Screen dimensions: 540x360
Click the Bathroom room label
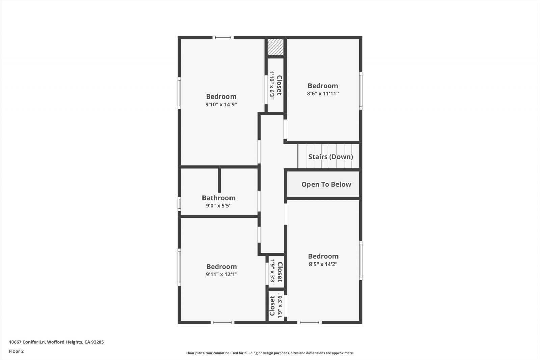pos(219,198)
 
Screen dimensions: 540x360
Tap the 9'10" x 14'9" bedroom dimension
pos(221,104)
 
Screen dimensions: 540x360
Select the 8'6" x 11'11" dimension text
pos(323,93)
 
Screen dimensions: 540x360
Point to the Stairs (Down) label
pos(331,157)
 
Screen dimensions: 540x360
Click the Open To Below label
pos(326,184)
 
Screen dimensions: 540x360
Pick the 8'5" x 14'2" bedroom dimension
pos(323,264)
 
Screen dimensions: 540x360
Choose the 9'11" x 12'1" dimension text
pos(221,274)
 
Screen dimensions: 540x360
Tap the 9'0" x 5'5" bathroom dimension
pos(219,206)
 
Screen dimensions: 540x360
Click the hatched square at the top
pos(275,47)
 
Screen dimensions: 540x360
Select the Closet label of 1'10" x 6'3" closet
pos(279,85)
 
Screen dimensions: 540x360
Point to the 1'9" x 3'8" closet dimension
pos(272,272)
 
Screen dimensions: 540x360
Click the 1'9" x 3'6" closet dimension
pos(280,306)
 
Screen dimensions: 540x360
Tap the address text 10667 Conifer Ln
pos(27,342)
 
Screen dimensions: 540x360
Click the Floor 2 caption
pos(17,351)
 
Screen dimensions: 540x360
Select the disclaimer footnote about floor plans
pos(270,353)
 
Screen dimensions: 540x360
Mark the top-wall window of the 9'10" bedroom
pos(223,37)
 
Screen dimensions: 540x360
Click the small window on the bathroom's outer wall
pos(179,204)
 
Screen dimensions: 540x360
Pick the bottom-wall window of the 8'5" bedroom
pos(309,323)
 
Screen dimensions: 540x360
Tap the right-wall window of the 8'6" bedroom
pos(361,91)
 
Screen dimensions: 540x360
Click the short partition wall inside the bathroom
pos(219,180)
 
